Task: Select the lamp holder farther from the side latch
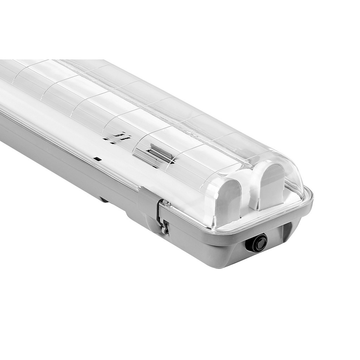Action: click(x=270, y=186)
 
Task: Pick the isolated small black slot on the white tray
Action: click(x=98, y=159)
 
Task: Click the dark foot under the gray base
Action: click(x=103, y=200)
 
